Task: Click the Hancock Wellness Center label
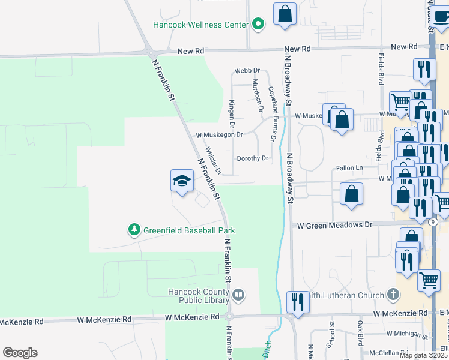coord(200,25)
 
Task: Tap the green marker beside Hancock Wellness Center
coord(259,25)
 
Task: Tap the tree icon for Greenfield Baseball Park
coord(134,230)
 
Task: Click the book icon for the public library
coord(238,294)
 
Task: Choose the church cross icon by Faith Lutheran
coord(393,295)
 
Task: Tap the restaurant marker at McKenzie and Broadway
coord(297,301)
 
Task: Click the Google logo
coord(20,353)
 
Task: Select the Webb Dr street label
coord(247,71)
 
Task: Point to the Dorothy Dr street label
coord(252,158)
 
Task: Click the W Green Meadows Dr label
coord(335,225)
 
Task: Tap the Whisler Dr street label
coord(213,161)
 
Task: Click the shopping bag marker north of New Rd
coord(285,14)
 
